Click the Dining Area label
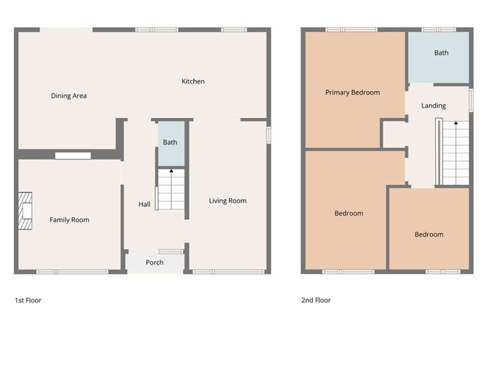(69, 95)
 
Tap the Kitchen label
(193, 82)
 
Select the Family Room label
(69, 219)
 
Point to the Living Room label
(227, 201)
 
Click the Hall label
(144, 205)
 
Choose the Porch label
(155, 262)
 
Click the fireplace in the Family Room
(27, 211)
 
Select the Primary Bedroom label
(352, 93)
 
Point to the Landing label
(434, 106)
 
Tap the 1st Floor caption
(28, 299)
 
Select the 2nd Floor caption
(316, 299)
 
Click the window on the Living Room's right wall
(268, 135)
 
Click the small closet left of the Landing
(394, 136)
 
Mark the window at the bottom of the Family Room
(62, 272)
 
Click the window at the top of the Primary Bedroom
(346, 29)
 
